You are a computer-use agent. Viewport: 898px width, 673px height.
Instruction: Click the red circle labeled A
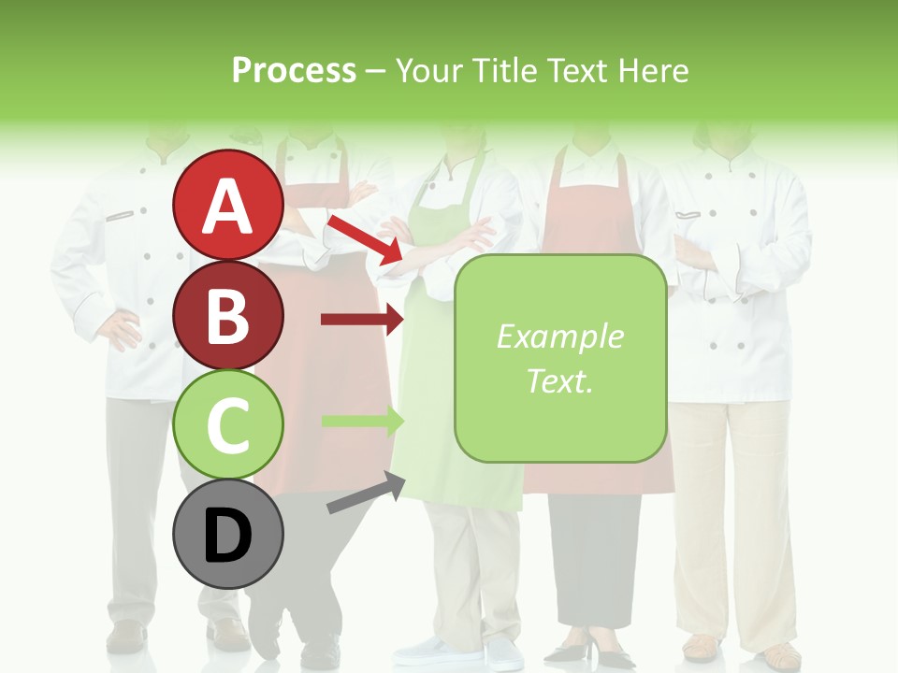[x=228, y=206]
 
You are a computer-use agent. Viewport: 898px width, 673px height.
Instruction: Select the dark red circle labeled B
[x=228, y=315]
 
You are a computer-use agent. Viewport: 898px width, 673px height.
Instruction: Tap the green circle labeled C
[x=228, y=425]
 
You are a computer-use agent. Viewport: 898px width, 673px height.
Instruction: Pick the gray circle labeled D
[x=228, y=535]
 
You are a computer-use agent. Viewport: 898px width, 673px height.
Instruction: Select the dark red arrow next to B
[x=362, y=320]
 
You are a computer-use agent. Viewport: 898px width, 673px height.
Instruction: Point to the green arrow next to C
[x=362, y=422]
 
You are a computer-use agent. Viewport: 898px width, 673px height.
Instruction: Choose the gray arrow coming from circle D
[x=366, y=493]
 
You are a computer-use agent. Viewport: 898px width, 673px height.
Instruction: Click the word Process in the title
[x=294, y=70]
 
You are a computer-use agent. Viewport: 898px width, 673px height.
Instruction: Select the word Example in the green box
[x=559, y=336]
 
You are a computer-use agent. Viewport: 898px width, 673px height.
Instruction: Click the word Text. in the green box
[x=559, y=380]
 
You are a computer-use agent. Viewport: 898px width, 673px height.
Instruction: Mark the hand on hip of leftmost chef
[x=120, y=330]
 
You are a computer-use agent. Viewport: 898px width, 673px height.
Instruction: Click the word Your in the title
[x=428, y=70]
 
